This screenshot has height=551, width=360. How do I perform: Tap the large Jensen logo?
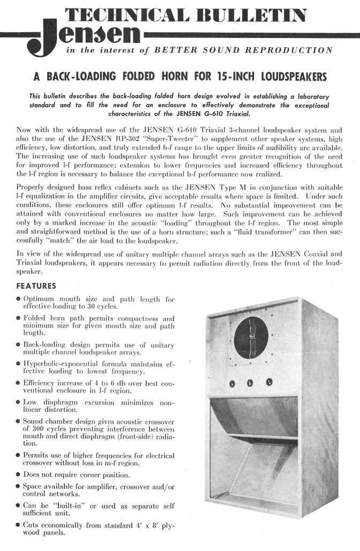83,38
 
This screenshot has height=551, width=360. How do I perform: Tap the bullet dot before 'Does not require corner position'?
18,474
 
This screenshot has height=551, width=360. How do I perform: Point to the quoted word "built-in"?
72,505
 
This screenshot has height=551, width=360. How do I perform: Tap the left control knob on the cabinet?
232,383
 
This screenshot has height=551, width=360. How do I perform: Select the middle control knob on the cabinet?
250,383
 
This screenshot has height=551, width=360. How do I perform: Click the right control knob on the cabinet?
269,382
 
